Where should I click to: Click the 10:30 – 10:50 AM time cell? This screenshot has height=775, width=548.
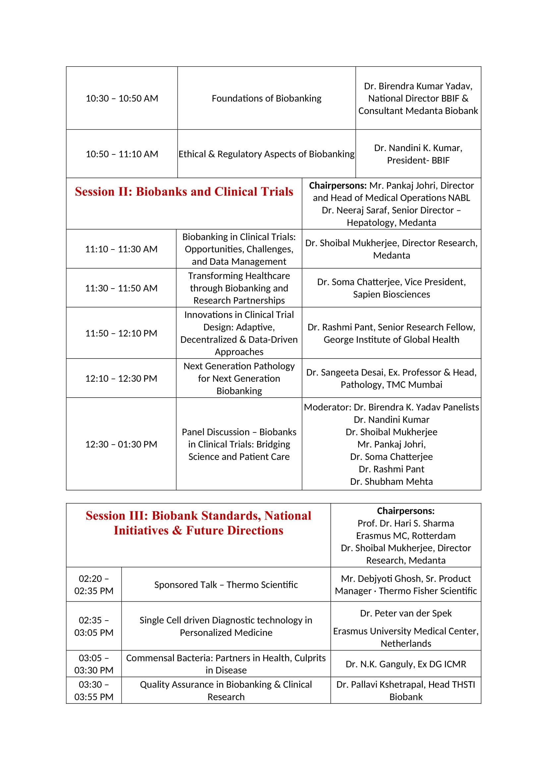point(122,98)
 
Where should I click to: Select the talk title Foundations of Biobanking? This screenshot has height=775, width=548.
point(266,98)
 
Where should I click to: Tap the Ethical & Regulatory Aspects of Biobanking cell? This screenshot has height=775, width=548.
point(266,154)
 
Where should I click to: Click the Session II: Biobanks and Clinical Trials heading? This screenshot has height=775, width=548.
point(184,192)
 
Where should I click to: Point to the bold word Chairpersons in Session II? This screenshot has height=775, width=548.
point(337,185)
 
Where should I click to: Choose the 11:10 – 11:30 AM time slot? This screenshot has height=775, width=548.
point(121,249)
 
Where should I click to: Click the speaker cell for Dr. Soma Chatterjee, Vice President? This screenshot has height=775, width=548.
point(391,288)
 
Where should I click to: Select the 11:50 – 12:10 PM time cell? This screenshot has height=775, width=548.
point(121,333)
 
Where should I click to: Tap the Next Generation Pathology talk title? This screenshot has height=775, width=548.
point(239,378)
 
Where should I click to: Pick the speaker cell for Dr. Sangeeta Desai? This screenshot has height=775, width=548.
point(391,378)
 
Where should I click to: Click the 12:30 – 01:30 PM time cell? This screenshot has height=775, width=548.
point(121,444)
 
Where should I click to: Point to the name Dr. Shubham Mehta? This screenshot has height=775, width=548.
point(391,481)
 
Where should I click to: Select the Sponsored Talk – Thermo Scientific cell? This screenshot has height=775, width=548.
point(226,584)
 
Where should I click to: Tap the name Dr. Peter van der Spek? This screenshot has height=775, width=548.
point(406,613)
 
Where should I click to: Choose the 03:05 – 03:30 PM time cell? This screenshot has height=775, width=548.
point(94,664)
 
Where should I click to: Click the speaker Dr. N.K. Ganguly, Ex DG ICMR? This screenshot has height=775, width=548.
point(406,664)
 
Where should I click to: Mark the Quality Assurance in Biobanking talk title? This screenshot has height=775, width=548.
point(226,691)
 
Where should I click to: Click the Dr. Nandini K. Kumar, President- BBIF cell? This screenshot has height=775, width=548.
point(418,154)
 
